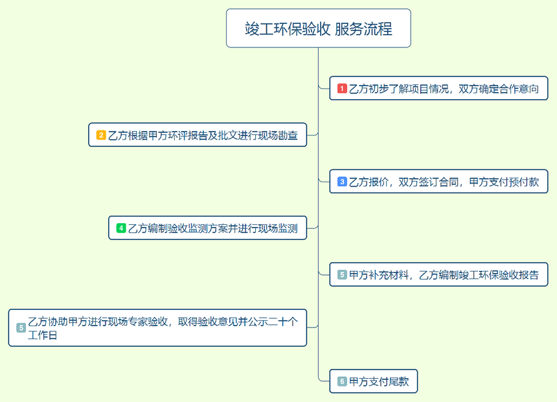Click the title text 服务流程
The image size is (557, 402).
click(x=363, y=29)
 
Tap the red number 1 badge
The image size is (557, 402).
click(x=342, y=88)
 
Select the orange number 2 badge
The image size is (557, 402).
click(x=101, y=135)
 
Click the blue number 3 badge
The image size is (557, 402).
click(x=342, y=182)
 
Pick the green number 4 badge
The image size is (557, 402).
click(x=121, y=228)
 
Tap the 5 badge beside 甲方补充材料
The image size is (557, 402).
click(x=342, y=275)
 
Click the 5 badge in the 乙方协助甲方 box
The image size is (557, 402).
click(x=21, y=327)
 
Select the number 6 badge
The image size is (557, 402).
click(x=342, y=381)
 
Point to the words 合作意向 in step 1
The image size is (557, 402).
click(x=519, y=89)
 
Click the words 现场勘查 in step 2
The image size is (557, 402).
click(x=278, y=136)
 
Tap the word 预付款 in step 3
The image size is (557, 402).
click(x=525, y=182)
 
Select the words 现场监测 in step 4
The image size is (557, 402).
click(x=278, y=228)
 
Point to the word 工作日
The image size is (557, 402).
click(x=43, y=335)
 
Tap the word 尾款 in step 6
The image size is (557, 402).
click(x=399, y=382)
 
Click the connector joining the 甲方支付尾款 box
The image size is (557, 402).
click(x=324, y=381)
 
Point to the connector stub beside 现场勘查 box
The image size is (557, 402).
click(x=312, y=135)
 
